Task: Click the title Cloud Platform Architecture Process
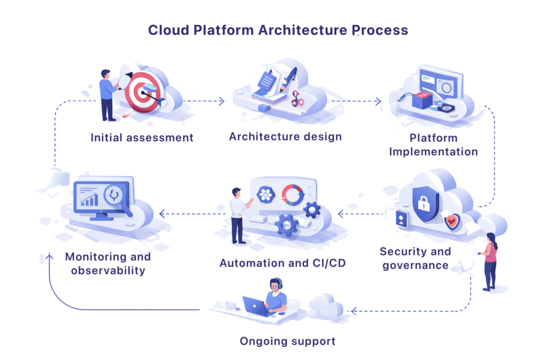click(x=277, y=30)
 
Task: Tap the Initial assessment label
click(x=142, y=138)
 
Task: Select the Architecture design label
click(x=285, y=137)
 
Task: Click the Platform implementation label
click(x=433, y=144)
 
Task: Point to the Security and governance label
click(x=415, y=258)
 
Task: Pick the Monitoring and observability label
click(x=108, y=264)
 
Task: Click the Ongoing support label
click(x=287, y=341)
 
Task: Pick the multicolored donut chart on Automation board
click(x=293, y=194)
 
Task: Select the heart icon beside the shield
click(x=451, y=221)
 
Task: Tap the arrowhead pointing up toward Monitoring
click(x=49, y=256)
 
